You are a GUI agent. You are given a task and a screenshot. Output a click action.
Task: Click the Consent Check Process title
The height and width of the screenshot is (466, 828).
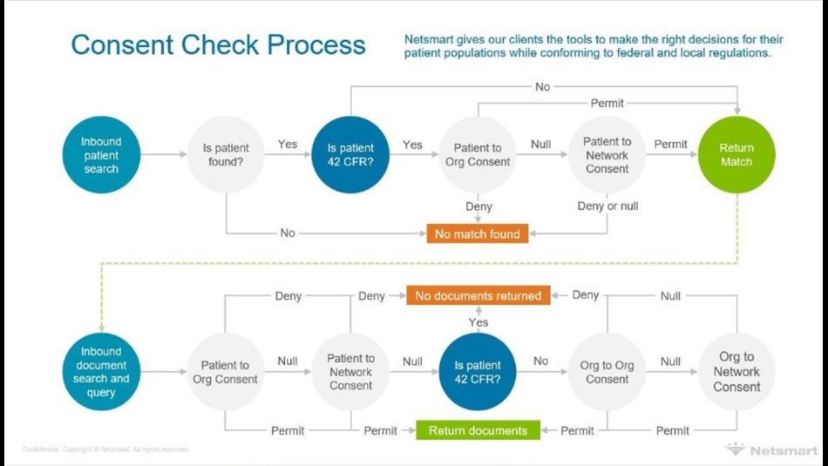[x=218, y=44]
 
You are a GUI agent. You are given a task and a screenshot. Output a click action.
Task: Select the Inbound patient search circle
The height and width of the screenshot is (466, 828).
[x=101, y=155]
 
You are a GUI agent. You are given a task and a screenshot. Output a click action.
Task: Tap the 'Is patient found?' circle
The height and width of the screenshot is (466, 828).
[x=226, y=155]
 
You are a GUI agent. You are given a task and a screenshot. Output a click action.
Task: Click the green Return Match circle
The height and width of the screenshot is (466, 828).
[x=736, y=155]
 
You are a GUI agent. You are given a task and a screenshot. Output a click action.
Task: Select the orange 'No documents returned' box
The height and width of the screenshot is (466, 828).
[x=478, y=295]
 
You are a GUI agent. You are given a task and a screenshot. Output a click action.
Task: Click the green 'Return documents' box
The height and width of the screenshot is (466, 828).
[x=478, y=430]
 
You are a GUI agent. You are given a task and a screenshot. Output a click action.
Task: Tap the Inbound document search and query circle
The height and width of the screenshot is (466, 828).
[x=101, y=372]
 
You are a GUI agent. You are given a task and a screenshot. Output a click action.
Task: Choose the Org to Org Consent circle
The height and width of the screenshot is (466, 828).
[x=607, y=372]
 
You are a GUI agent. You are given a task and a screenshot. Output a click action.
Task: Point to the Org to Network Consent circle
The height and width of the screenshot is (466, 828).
[x=736, y=372]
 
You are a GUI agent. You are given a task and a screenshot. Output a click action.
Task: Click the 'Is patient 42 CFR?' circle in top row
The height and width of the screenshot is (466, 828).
[x=350, y=155]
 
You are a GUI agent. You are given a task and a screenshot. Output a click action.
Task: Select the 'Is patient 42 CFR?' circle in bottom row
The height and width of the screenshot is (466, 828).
[x=478, y=372]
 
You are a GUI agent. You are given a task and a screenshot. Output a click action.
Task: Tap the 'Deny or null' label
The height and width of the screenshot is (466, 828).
[x=607, y=206]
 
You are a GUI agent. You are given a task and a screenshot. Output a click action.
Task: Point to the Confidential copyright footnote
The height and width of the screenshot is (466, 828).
[x=105, y=449]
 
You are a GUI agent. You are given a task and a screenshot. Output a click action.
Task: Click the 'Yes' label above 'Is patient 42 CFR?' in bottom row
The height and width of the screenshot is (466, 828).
[x=478, y=321]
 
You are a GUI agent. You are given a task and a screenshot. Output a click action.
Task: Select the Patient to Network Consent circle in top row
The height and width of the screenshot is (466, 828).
[x=607, y=155]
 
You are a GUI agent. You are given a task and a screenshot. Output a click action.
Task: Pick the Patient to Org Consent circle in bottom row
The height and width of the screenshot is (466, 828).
[x=226, y=372]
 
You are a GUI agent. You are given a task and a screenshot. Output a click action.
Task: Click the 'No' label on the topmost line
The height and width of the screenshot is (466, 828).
[x=542, y=86]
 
